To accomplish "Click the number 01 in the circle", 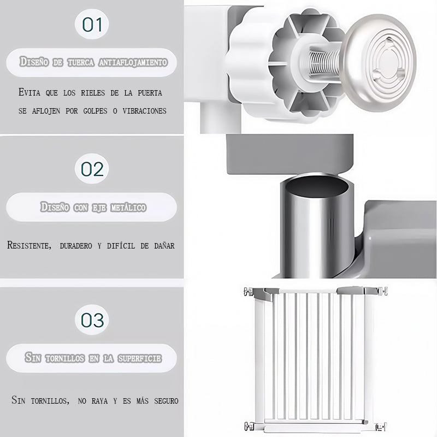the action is (x=92, y=24).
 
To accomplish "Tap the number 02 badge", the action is (x=92, y=169).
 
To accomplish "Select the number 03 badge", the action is (x=92, y=320).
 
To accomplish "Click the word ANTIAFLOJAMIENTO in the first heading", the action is (x=133, y=62).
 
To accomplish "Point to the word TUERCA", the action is (x=80, y=62).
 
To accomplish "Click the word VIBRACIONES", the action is (x=144, y=111).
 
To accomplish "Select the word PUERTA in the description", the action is (x=150, y=93).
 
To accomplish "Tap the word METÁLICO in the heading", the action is (x=128, y=208).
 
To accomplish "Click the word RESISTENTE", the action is (x=29, y=245).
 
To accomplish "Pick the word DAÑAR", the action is (x=164, y=245).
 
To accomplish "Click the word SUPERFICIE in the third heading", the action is (x=140, y=358).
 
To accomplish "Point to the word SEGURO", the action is (x=166, y=401).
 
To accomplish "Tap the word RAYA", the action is (x=99, y=401).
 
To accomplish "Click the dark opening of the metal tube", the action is (x=317, y=185).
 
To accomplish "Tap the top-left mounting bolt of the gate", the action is (x=248, y=292).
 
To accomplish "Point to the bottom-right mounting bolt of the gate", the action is (x=381, y=427).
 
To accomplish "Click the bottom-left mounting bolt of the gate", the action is (x=249, y=426).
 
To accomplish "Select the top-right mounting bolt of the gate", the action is (x=383, y=291).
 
